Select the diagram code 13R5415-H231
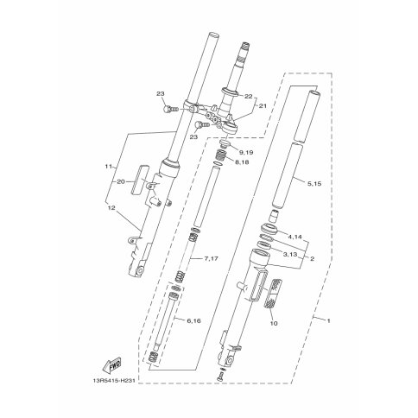(x=112, y=381)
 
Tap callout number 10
(x=274, y=324)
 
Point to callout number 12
(x=111, y=207)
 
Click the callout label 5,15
(x=314, y=183)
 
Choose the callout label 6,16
(x=193, y=320)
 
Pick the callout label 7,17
(x=211, y=258)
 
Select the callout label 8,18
(x=242, y=162)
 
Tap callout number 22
(x=248, y=97)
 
